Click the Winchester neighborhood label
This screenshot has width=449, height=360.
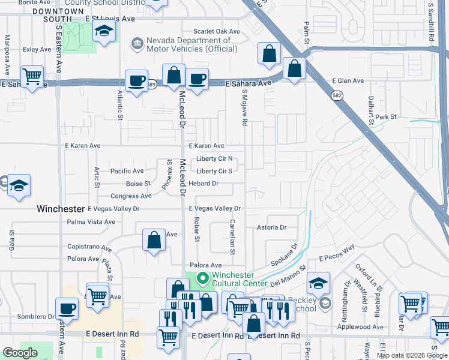[61, 209]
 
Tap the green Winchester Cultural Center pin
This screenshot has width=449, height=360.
[202, 278]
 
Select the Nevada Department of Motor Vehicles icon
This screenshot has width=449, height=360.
[137, 43]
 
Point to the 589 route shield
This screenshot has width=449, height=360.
[153, 84]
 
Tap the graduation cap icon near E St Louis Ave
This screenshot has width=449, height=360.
[104, 32]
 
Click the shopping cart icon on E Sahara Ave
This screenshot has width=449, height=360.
[32, 76]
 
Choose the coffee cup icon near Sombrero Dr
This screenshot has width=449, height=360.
[67, 308]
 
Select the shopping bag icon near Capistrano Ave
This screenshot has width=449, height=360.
[154, 240]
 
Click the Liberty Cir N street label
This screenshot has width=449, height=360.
[214, 160]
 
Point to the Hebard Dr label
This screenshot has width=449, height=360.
[203, 184]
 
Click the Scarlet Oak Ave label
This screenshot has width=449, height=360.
[216, 32]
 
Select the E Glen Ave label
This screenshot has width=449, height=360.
[348, 81]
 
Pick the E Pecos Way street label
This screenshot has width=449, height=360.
[337, 253]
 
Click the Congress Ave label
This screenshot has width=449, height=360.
[131, 196]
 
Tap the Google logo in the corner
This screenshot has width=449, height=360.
[20, 353]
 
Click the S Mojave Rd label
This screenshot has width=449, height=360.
[245, 108]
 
